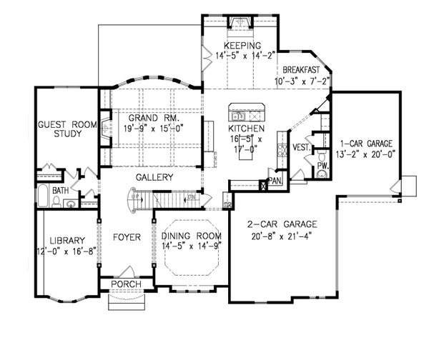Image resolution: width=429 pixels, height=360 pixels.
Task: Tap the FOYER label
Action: pos(126,236)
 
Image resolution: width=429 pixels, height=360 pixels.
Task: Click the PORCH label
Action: pos(125,284)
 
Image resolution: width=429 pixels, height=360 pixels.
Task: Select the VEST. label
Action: pos(300,148)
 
